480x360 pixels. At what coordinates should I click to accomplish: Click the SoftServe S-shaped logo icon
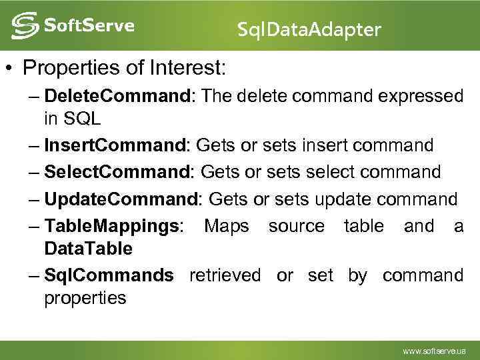[x=25, y=26]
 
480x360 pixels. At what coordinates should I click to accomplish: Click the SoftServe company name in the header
[x=89, y=26]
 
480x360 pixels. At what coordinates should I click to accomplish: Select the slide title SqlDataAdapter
[x=309, y=29]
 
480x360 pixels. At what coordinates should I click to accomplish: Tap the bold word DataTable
[x=89, y=249]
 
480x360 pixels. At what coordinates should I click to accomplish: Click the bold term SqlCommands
[x=109, y=275]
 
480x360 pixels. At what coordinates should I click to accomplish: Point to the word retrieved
[x=225, y=275]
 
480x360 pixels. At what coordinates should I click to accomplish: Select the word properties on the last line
[x=85, y=298]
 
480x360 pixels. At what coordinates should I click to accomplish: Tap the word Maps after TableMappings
[x=227, y=226]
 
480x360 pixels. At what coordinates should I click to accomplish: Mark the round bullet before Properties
[x=9, y=68]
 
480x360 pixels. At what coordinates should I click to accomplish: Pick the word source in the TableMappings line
[x=297, y=226]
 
